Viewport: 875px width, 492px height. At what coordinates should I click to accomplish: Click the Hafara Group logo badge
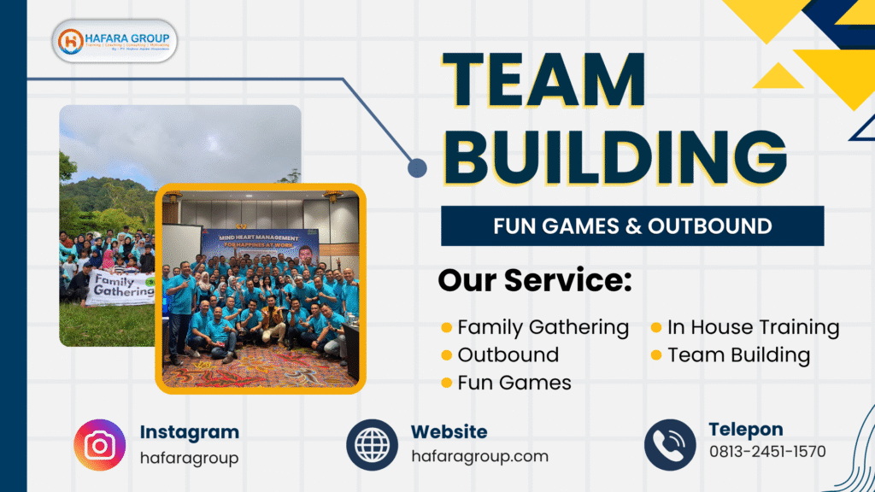[115, 41]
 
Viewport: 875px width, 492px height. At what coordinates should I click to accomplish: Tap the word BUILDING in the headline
[614, 157]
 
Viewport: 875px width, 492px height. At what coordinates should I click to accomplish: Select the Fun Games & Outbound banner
[632, 226]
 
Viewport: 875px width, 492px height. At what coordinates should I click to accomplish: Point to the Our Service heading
[535, 280]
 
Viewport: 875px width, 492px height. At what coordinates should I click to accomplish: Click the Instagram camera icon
[99, 445]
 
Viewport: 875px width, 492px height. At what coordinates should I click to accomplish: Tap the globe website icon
[372, 445]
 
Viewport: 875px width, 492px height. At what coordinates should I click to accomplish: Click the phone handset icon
[670, 445]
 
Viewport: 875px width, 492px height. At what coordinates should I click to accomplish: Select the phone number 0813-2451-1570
[767, 452]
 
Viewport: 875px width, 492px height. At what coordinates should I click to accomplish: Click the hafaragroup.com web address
[479, 457]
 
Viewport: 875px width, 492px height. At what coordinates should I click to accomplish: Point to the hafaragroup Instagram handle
[189, 458]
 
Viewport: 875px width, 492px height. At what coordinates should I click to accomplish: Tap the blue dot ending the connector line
[417, 167]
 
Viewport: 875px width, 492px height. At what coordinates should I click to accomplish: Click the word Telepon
[745, 430]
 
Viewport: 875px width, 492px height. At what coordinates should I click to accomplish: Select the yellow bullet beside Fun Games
[447, 383]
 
